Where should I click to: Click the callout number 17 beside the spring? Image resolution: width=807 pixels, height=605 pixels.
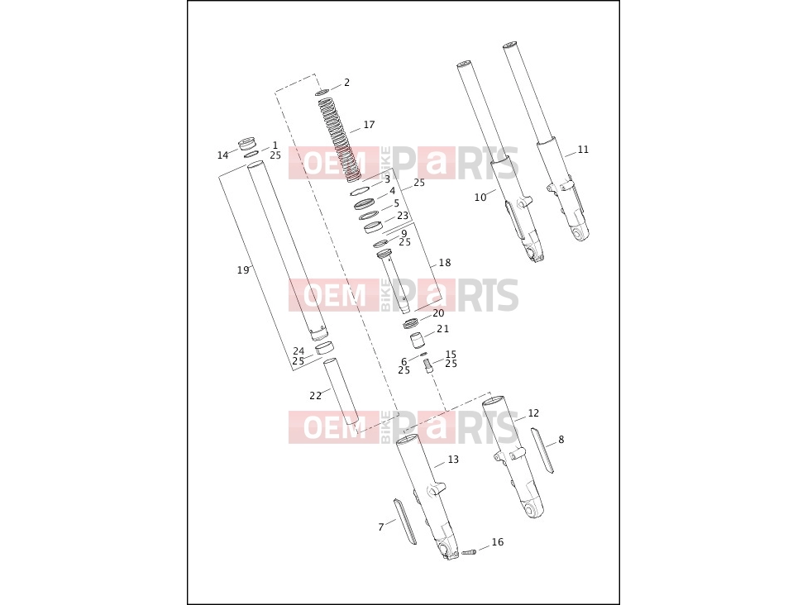pos(369,125)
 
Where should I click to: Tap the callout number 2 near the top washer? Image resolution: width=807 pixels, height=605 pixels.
pos(347,83)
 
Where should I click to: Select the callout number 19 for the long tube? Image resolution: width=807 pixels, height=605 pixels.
pos(243,270)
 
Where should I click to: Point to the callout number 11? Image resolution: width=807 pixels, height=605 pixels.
pos(583,150)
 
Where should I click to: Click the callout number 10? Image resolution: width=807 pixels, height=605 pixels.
pos(480,197)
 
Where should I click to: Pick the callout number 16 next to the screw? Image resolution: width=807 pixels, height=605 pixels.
pos(498,541)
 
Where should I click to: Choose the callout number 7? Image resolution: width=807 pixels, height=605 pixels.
pos(381,526)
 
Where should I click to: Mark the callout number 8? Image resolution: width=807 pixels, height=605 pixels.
pos(561,440)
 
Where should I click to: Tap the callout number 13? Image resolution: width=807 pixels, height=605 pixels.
pos(453,460)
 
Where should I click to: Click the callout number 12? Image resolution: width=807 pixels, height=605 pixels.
pos(533,413)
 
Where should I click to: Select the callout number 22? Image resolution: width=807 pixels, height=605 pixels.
pos(316,396)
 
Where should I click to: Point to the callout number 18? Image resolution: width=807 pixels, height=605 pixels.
pos(445,263)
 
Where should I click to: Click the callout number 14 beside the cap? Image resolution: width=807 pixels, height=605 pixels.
pos(223,155)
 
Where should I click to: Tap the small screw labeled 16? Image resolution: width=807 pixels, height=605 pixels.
pos(469,553)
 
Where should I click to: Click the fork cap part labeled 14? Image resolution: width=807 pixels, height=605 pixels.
pos(247,143)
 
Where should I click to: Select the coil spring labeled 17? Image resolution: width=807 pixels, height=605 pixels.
pos(338,140)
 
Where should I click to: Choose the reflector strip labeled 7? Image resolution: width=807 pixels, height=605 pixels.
pos(404,522)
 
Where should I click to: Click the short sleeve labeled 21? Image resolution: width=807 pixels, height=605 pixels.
pos(417,341)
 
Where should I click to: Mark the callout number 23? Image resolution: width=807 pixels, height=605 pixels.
pos(403,216)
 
